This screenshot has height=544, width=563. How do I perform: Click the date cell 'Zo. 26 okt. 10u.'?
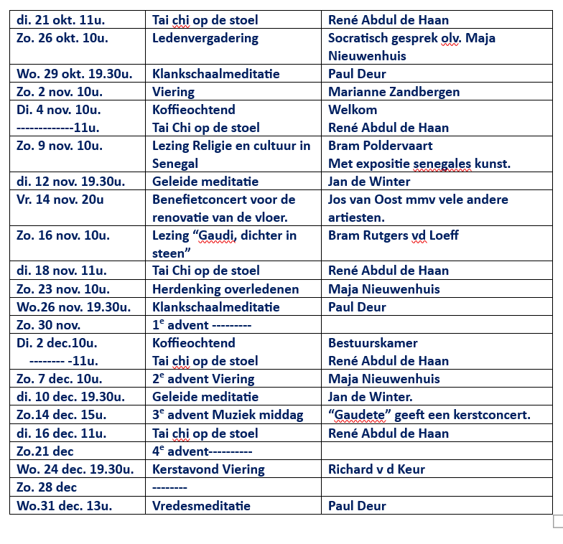tap(62, 38)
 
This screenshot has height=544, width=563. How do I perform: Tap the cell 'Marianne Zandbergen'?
tap(394, 92)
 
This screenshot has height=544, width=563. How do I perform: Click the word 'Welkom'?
tap(353, 110)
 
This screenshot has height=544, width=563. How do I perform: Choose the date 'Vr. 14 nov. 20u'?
tap(60, 200)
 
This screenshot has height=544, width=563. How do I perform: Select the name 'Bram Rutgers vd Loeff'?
tap(393, 235)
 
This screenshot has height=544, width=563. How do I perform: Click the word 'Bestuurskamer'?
tap(373, 343)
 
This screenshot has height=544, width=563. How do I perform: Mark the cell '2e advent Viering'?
tap(203, 379)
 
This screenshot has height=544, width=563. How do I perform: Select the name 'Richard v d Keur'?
tap(376, 469)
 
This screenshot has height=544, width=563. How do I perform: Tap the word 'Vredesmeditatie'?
tap(201, 505)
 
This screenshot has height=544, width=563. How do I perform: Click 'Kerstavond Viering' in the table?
tap(208, 469)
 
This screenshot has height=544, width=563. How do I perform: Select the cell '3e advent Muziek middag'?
tap(228, 415)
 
